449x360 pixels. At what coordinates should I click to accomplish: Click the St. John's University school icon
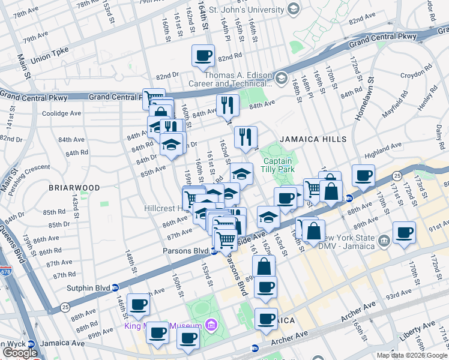coord(294,8)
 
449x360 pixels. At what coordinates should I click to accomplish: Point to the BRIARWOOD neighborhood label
coord(74,188)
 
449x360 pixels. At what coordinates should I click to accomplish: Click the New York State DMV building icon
coord(385,241)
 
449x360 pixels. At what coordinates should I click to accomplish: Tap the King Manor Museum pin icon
coord(211,326)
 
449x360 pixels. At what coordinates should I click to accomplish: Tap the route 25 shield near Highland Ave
coord(397,175)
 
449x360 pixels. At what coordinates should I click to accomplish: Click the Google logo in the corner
coord(20,353)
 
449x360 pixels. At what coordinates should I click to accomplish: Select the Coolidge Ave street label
coord(61,113)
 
